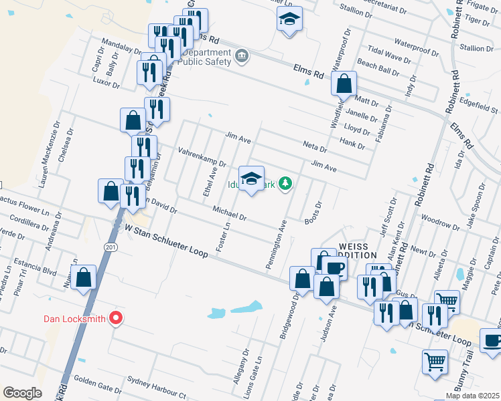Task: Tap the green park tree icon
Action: pyautogui.click(x=286, y=183)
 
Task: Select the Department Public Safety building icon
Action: pyautogui.click(x=242, y=55)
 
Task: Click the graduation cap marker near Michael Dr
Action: pyautogui.click(x=251, y=179)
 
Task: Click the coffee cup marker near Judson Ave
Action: pyautogui.click(x=334, y=269)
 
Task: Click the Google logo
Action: pyautogui.click(x=22, y=392)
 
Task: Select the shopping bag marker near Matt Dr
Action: pyautogui.click(x=344, y=84)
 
